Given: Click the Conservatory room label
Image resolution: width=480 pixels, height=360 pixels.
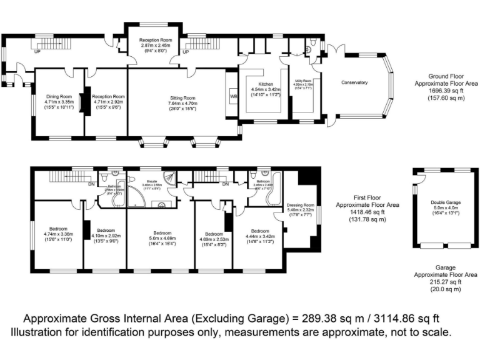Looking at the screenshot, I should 354,82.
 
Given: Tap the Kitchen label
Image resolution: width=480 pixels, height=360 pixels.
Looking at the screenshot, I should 266,84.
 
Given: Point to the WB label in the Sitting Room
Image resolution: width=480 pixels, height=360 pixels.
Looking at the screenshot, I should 233,97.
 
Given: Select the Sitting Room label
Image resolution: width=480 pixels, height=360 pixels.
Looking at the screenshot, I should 182,98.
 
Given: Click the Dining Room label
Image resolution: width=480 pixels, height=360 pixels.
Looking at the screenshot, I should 59,96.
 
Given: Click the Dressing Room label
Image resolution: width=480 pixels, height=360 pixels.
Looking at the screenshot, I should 300,204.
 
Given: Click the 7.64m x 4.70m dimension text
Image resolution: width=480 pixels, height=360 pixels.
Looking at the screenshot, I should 182,104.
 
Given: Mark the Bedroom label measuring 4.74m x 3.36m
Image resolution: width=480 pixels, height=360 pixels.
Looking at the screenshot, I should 59,228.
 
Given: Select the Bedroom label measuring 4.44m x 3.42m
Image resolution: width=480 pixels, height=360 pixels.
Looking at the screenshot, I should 259,229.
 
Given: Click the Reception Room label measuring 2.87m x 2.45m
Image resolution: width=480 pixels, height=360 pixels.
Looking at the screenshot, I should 158,39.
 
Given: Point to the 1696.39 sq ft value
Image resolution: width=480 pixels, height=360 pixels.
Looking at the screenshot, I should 446,90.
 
